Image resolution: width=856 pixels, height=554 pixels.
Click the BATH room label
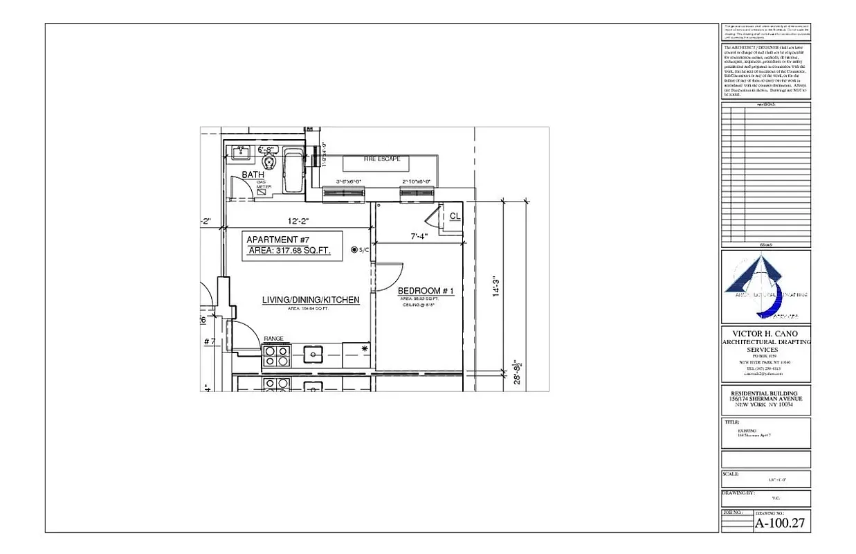tap(253, 175)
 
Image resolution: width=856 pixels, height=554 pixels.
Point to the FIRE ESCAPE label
tap(382, 159)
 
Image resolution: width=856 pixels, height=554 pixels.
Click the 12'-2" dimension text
tap(298, 222)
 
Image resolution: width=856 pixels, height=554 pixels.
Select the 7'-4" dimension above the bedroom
tap(419, 236)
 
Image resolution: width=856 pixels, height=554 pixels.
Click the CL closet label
tap(455, 216)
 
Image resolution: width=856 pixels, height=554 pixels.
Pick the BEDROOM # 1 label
tap(426, 291)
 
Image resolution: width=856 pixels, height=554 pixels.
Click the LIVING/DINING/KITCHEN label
tap(311, 300)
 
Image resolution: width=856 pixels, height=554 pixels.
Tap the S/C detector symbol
tap(354, 249)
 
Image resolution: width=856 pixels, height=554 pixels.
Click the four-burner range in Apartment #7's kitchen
tap(275, 356)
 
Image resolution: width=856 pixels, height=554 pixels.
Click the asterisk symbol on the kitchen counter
tap(365, 348)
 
